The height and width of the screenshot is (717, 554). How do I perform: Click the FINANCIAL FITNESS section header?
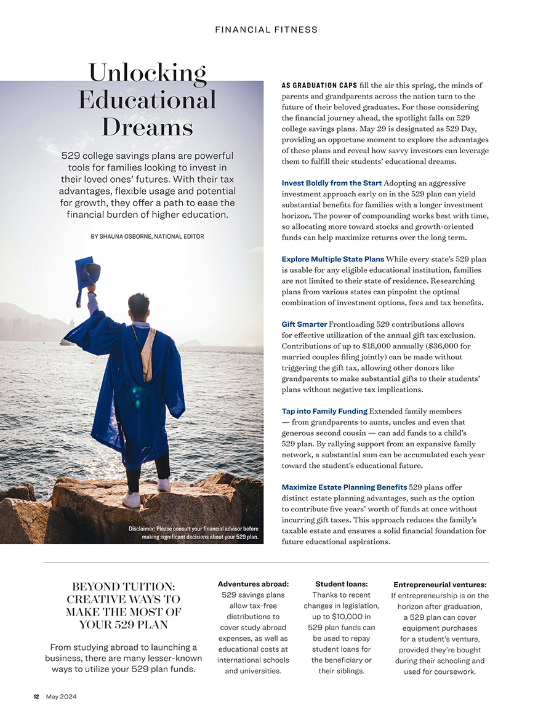click(267, 30)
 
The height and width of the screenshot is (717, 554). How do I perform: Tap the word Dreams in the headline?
click(147, 127)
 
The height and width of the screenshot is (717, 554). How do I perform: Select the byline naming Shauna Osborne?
click(147, 236)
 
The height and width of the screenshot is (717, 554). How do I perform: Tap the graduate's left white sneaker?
click(132, 499)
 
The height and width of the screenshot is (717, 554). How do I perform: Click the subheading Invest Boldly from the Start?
click(331, 183)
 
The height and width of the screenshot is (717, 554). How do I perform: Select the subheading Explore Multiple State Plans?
click(332, 259)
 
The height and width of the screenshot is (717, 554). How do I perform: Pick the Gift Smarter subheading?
click(304, 324)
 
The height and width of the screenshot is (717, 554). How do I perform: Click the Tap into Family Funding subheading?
click(324, 411)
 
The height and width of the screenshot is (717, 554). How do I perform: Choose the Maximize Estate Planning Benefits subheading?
click(344, 487)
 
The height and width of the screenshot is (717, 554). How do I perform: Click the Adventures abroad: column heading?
click(253, 584)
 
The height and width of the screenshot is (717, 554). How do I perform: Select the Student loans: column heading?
click(341, 584)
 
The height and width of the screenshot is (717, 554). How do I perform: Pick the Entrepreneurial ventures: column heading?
click(440, 585)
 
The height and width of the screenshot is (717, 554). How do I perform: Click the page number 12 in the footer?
click(36, 697)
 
